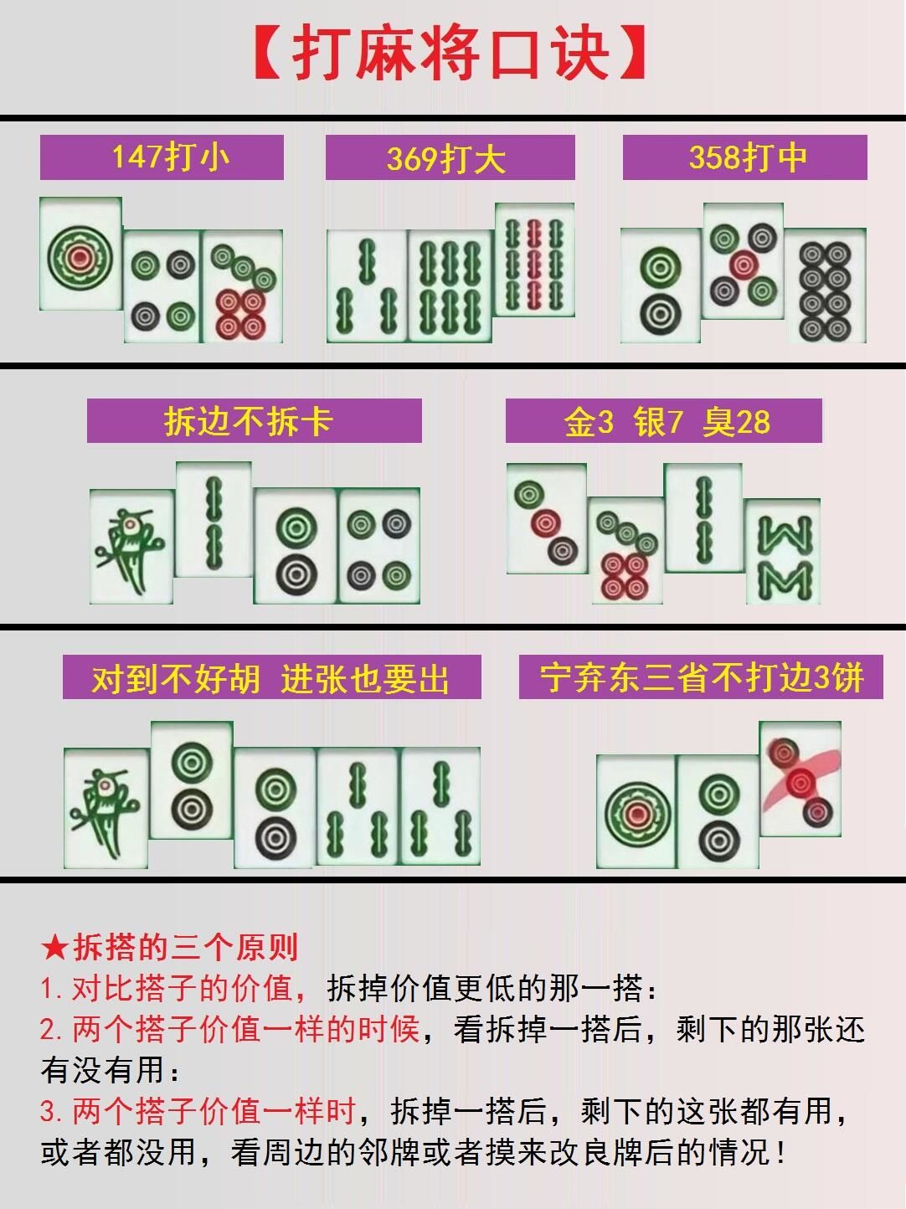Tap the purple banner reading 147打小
[x=162, y=157]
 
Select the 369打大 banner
[x=450, y=157]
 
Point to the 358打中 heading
[x=744, y=157]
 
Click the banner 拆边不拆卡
[x=254, y=421]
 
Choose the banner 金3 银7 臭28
[x=664, y=421]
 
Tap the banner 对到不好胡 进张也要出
[x=271, y=677]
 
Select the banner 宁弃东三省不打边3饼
[x=701, y=677]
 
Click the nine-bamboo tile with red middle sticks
[x=534, y=260]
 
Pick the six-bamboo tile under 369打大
[x=450, y=286]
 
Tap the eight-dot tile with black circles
[x=825, y=286]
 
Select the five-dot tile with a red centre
[x=743, y=260]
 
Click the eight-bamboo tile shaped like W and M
[x=783, y=552]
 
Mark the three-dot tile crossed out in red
[x=800, y=779]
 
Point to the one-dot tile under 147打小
[x=80, y=254]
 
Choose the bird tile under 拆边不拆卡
[x=131, y=547]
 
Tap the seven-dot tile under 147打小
[x=242, y=286]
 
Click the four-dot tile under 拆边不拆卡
[x=379, y=545]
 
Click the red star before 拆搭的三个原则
[x=55, y=947]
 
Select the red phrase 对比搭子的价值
[x=182, y=989]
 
